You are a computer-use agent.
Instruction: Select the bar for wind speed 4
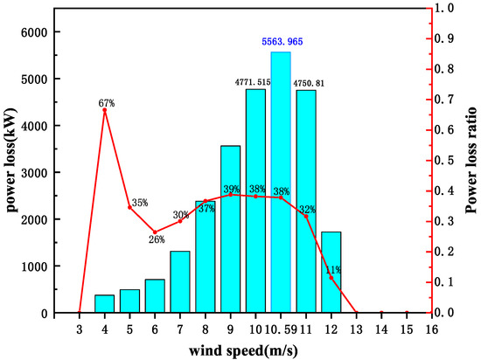tap(104, 303)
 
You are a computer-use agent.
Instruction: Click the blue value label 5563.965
tap(281, 42)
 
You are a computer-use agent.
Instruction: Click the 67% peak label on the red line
tap(107, 102)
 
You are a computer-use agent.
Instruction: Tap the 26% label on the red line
tap(157, 239)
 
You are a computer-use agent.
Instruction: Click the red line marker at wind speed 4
tap(104, 110)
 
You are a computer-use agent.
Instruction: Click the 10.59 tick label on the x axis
tap(281, 329)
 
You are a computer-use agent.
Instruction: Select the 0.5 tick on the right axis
tap(449, 160)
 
